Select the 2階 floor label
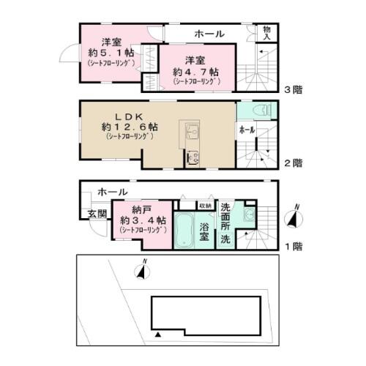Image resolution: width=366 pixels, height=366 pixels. pyautogui.click(x=292, y=163)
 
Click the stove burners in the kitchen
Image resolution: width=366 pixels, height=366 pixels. pyautogui.click(x=193, y=157)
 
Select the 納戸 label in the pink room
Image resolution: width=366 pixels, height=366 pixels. pyautogui.click(x=133, y=209)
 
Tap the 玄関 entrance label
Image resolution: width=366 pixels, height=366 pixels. pyautogui.click(x=97, y=214)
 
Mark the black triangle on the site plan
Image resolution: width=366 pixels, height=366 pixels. pyautogui.click(x=157, y=334)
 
